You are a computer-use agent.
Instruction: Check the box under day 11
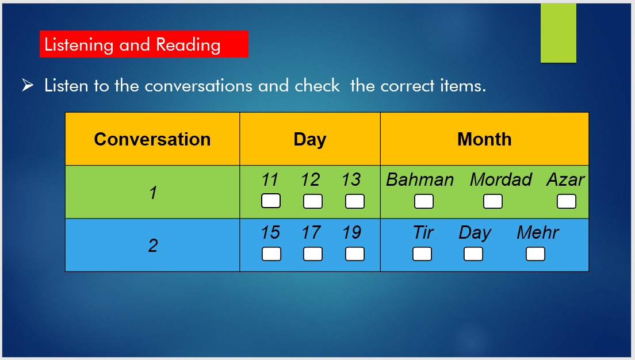pyautogui.click(x=271, y=201)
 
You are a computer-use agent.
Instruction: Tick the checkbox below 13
pyautogui.click(x=355, y=201)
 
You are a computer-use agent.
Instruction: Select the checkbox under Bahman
pyautogui.click(x=424, y=201)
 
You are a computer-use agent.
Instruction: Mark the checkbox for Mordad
pyautogui.click(x=493, y=201)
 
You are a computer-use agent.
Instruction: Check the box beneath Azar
pyautogui.click(x=567, y=201)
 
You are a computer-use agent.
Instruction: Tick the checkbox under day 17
pyautogui.click(x=313, y=254)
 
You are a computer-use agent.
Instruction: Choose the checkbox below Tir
pyautogui.click(x=422, y=254)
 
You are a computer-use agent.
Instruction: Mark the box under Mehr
pyautogui.click(x=535, y=254)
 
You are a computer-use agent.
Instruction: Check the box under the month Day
pyautogui.click(x=473, y=254)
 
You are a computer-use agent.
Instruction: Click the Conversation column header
pyautogui.click(x=152, y=139)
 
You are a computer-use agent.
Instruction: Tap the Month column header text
pyautogui.click(x=484, y=139)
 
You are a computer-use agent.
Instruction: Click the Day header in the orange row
pyautogui.click(x=310, y=140)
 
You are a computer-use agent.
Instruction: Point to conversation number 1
pyautogui.click(x=153, y=193)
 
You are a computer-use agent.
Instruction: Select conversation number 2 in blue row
pyautogui.click(x=153, y=246)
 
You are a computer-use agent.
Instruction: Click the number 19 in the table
pyautogui.click(x=351, y=232)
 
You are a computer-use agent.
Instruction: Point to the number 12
pyautogui.click(x=311, y=179)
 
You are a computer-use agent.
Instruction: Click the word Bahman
pyautogui.click(x=420, y=179)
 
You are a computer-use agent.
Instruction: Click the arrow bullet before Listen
pyautogui.click(x=28, y=85)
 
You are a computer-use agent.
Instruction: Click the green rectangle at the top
pyautogui.click(x=559, y=33)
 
